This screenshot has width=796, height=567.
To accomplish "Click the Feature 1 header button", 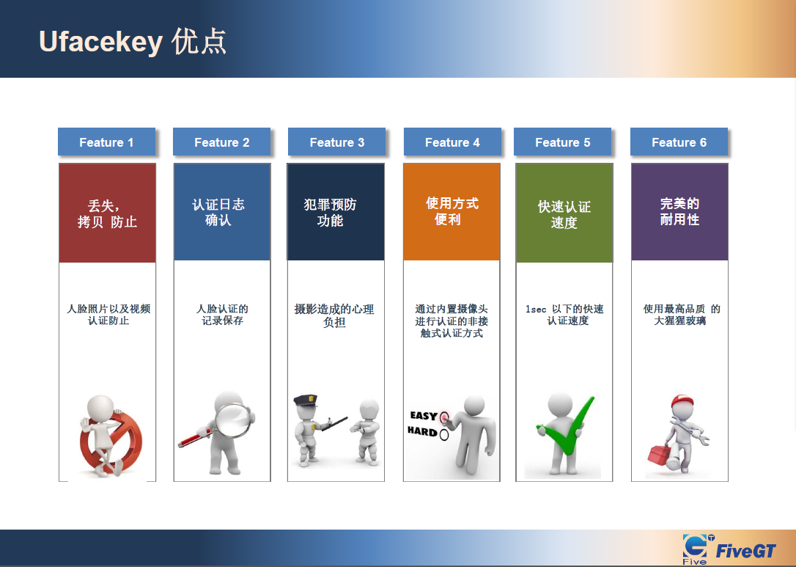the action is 106,142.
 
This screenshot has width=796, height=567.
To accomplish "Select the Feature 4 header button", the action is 452,142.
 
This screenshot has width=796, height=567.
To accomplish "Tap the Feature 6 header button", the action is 679,142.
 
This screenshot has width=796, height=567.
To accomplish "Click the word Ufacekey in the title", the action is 100,42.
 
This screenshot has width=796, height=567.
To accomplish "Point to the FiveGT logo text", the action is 745,551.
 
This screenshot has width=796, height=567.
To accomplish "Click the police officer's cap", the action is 305,400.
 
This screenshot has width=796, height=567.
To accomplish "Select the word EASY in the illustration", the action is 424,416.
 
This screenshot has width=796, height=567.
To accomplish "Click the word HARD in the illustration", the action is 422,432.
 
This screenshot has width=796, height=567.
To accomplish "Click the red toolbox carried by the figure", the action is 660,454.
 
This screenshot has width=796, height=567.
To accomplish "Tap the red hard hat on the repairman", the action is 682,401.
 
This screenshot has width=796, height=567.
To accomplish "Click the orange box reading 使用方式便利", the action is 452,212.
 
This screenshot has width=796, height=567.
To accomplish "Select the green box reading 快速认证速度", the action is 564,213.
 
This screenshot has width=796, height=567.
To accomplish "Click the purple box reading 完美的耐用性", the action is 679,212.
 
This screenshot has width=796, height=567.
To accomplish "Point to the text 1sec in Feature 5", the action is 536,309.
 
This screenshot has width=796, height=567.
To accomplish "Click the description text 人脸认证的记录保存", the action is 222,315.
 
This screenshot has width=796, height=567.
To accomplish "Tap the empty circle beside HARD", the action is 444,435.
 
